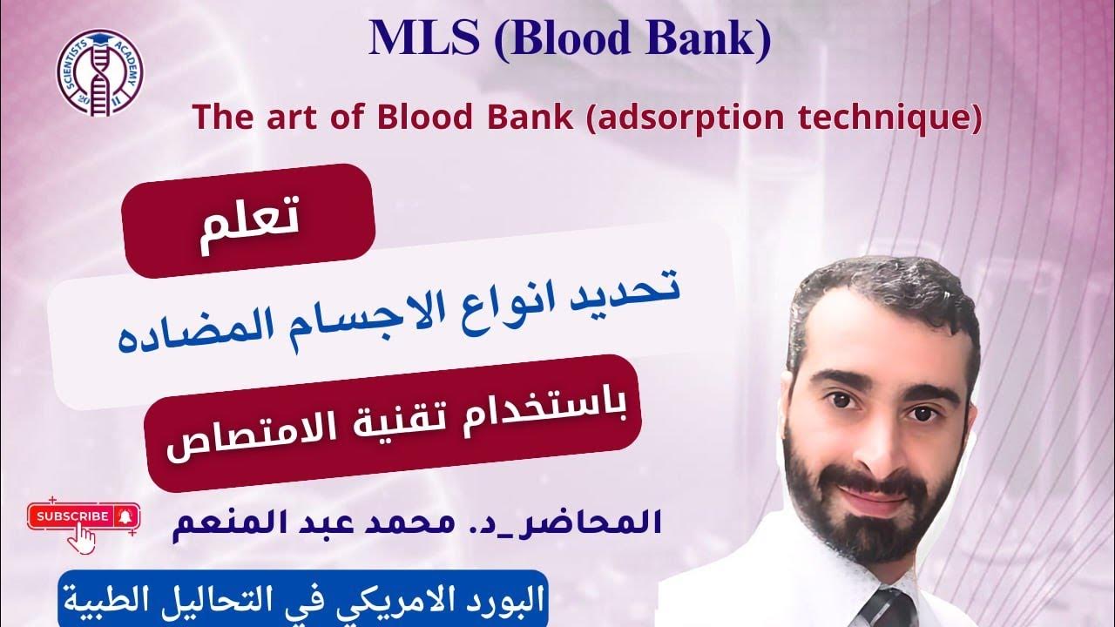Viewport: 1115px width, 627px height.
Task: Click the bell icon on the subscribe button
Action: (126, 516)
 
